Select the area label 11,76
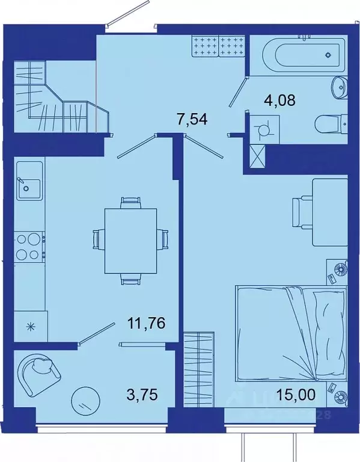(146, 324)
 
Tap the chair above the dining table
(130, 202)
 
